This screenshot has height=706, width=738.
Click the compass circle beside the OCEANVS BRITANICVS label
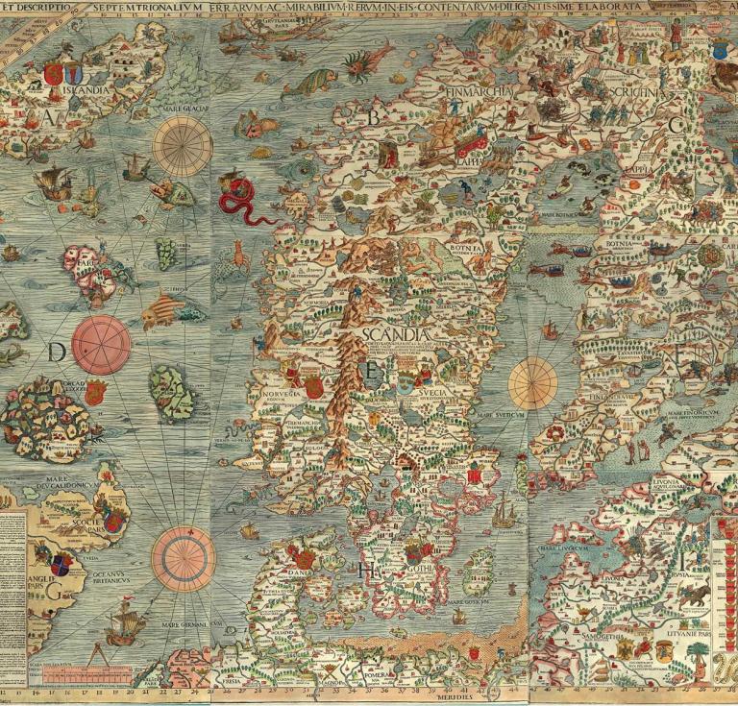[183, 557]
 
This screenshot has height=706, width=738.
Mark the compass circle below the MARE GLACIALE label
[183, 146]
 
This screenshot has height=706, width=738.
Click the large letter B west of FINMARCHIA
[375, 116]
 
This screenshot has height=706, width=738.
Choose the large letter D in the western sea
[57, 353]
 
